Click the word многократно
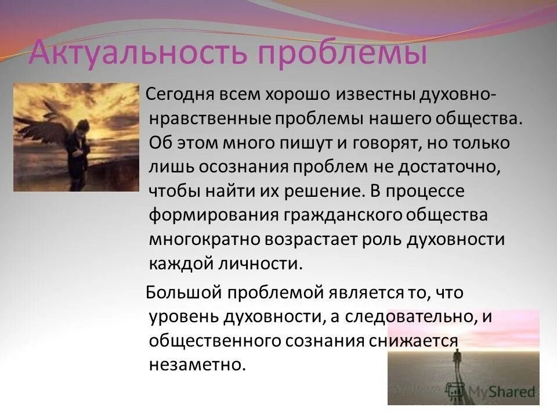207,239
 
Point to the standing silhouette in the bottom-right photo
455,366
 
